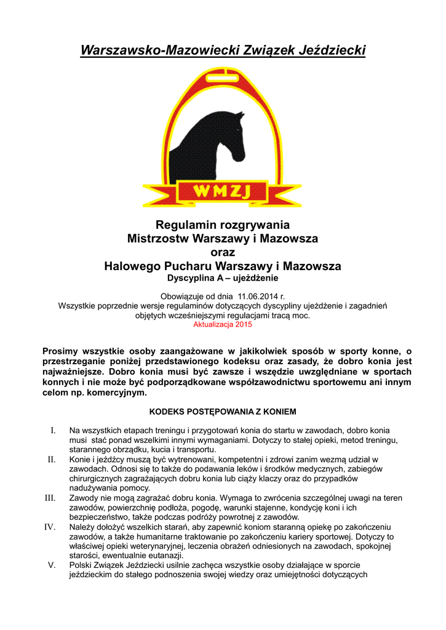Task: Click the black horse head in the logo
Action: (225, 142)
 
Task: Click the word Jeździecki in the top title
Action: (333, 50)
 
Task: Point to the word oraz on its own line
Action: (223, 252)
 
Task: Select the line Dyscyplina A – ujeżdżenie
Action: (223, 278)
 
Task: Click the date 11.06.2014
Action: (253, 295)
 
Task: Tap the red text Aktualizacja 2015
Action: (223, 324)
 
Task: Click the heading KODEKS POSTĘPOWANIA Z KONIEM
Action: (223, 410)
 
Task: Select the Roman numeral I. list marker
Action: (53, 430)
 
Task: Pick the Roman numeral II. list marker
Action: (52, 459)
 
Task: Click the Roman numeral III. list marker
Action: (50, 498)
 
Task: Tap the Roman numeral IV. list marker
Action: (50, 527)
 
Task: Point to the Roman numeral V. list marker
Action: (52, 565)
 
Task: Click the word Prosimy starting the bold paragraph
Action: (61, 351)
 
